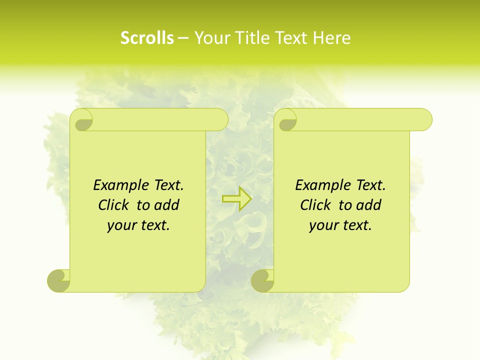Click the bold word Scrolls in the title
147,38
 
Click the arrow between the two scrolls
237,199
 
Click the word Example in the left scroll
118,185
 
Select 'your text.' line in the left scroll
138,225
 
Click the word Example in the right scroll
320,185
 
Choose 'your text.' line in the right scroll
340,225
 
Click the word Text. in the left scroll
168,185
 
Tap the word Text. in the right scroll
370,185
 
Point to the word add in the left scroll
166,205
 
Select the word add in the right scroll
368,205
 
